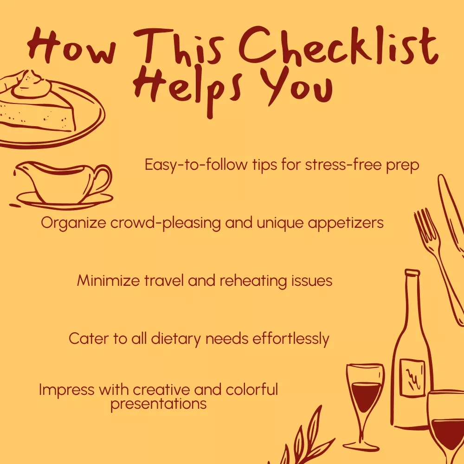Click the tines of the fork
(x=425, y=226)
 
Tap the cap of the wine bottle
(x=412, y=272)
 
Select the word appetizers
(x=346, y=223)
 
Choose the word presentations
(x=158, y=404)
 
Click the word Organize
(x=73, y=223)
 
